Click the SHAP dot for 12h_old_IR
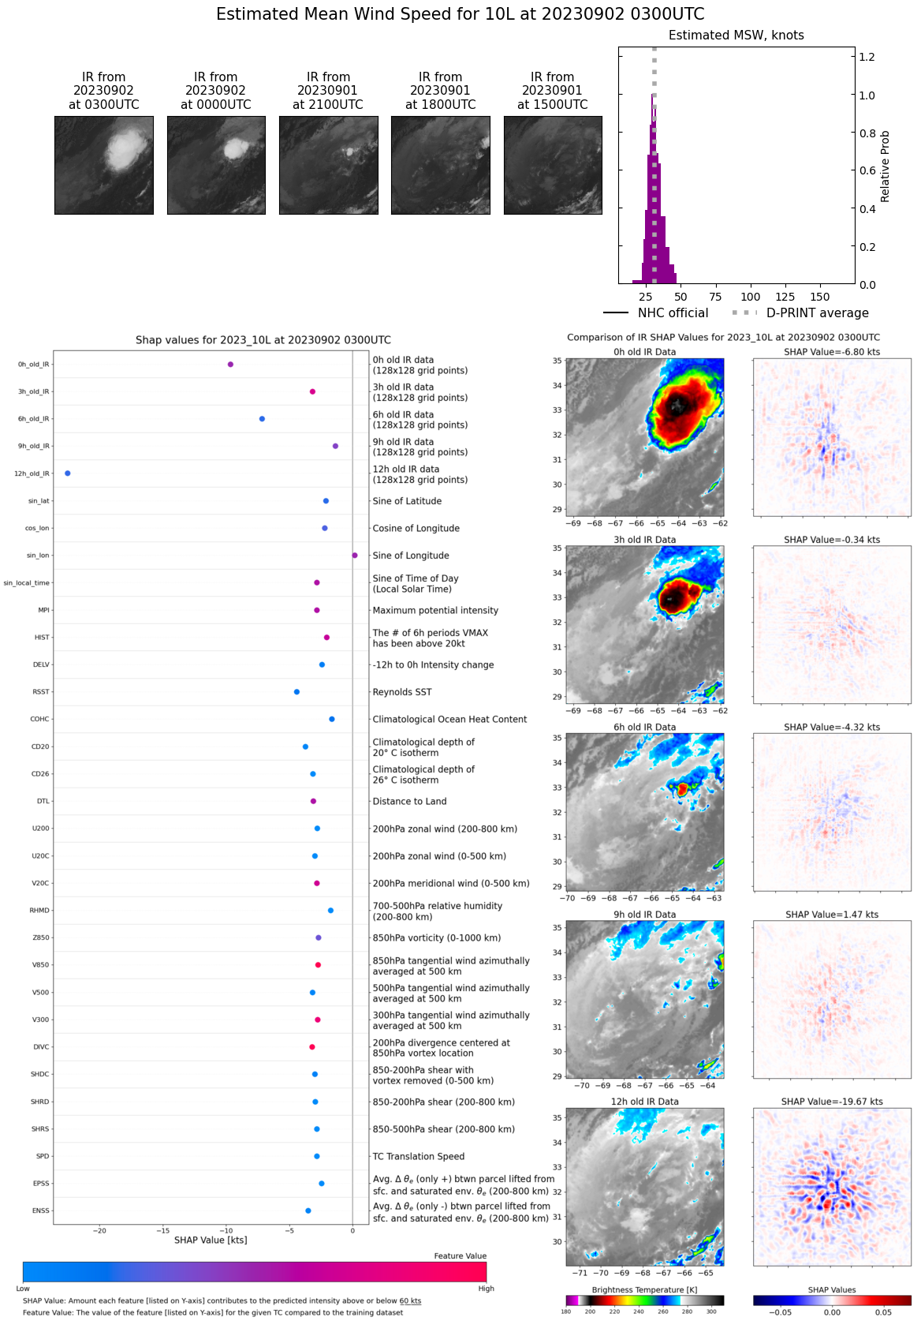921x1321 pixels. tap(68, 473)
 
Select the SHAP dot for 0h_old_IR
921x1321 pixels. tap(230, 365)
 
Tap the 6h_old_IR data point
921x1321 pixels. tap(262, 419)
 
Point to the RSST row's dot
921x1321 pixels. tap(296, 692)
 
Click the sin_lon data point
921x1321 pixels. tap(355, 556)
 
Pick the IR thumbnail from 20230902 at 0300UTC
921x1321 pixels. tap(104, 165)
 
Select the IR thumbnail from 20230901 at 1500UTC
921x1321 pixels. tap(553, 165)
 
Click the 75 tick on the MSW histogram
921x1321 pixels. tap(715, 297)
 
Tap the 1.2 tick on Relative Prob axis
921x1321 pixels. tap(867, 57)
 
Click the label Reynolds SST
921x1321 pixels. tap(402, 692)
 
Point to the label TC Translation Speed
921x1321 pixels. tap(418, 1156)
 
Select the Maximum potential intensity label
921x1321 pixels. tap(435, 610)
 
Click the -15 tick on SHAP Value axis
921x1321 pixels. tap(162, 1230)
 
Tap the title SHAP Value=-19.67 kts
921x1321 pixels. tap(832, 1102)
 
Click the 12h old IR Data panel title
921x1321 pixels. tap(644, 1102)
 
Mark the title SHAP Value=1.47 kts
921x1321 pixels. tap(832, 915)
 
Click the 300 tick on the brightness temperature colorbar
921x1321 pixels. tap(711, 1312)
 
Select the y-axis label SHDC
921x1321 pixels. tap(40, 1074)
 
